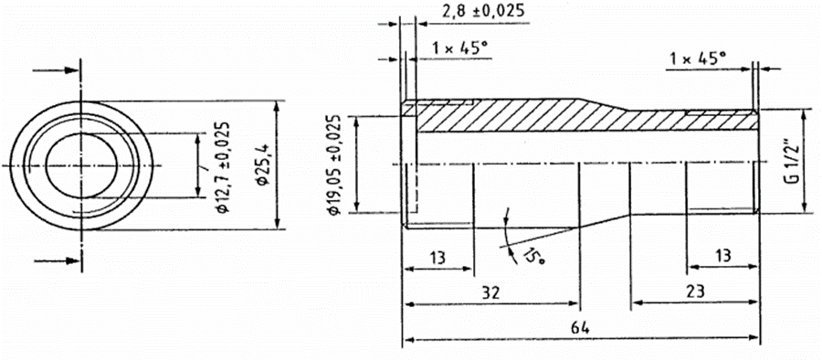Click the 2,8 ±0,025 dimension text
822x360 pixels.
click(x=483, y=11)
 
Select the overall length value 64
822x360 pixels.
click(x=582, y=329)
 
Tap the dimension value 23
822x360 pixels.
click(x=695, y=291)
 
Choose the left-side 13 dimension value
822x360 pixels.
click(x=438, y=257)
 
